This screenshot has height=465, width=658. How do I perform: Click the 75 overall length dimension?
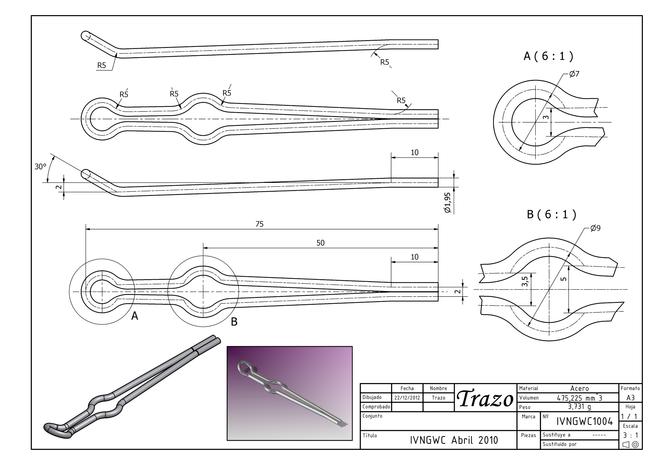coord(260,224)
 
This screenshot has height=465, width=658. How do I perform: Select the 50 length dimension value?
coord(320,243)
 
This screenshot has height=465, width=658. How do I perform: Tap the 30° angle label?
coord(40,166)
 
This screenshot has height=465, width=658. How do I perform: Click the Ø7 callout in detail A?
coord(574,74)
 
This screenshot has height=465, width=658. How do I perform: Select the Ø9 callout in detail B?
coord(595,228)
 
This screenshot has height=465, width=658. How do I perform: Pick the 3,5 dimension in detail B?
coord(525,281)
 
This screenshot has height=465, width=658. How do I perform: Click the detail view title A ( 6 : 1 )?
coord(548,56)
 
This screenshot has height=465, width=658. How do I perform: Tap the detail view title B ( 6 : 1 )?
coord(552,214)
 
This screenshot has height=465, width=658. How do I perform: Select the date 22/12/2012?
coord(407,398)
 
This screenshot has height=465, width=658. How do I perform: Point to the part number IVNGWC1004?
coord(585,421)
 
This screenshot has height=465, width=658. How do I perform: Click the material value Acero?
coord(579,388)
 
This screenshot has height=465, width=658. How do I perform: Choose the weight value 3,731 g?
coord(579,406)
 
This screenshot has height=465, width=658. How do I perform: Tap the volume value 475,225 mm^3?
coord(579,397)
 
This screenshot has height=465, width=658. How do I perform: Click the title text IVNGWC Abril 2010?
coord(454,440)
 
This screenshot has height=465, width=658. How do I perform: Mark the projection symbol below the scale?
coord(630,445)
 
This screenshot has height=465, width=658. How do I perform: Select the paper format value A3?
coord(630,397)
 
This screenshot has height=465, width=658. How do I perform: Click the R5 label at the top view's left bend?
coord(102,65)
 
